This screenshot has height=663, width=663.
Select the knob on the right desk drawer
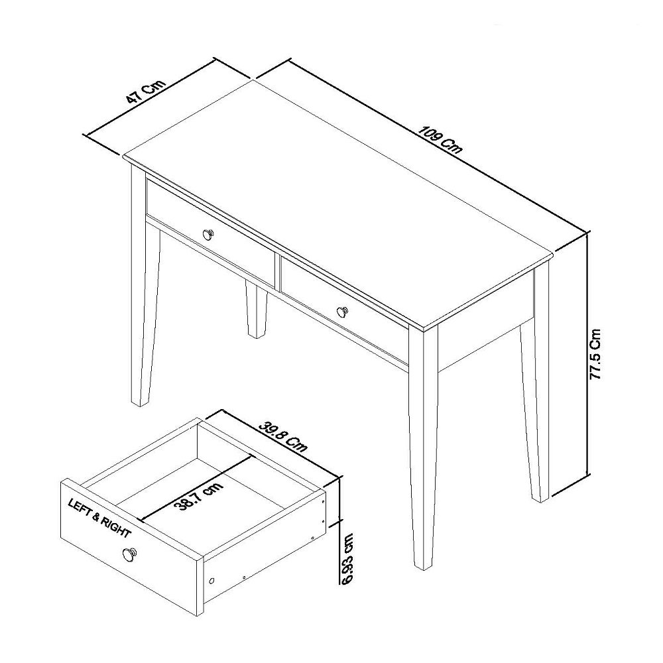342,311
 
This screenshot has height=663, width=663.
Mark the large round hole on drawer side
212,581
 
